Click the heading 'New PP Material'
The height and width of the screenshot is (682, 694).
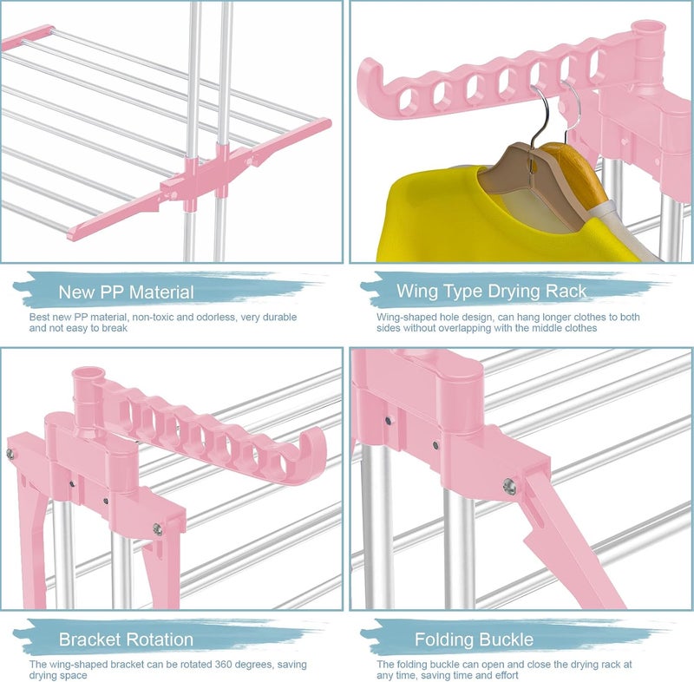[126, 292]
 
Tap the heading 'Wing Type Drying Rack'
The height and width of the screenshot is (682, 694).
[491, 292]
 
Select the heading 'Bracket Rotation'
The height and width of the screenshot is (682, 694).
[126, 639]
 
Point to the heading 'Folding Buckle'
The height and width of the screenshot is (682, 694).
[474, 639]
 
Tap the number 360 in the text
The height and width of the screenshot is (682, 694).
[225, 665]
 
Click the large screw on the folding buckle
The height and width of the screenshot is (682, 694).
[510, 487]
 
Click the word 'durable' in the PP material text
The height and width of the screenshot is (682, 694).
[280, 317]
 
